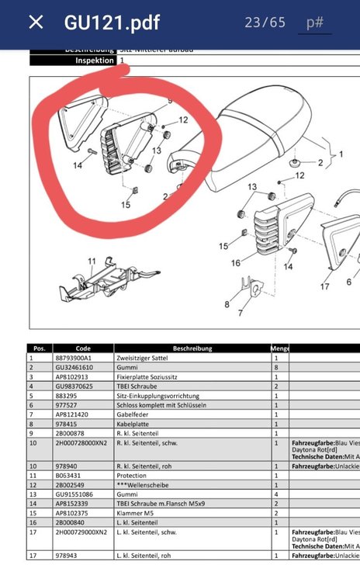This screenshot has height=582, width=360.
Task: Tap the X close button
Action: pos(36,23)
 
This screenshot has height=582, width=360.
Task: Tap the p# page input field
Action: pos(314,23)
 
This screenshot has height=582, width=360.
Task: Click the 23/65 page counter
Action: pos(265,23)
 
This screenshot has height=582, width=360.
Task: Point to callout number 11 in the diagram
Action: pos(91,262)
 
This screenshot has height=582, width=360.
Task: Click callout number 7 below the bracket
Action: pos(240,314)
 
